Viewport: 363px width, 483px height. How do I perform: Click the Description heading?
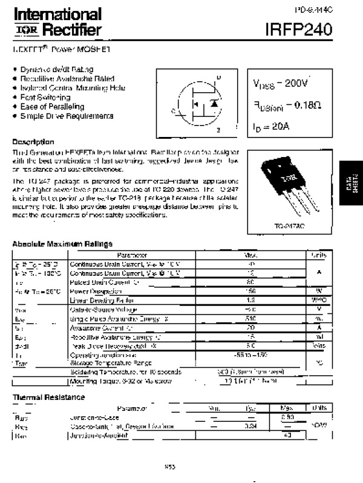point(33,141)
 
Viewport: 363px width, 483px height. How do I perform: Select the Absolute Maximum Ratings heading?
point(62,244)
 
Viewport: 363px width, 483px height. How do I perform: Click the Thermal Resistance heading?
point(48,397)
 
